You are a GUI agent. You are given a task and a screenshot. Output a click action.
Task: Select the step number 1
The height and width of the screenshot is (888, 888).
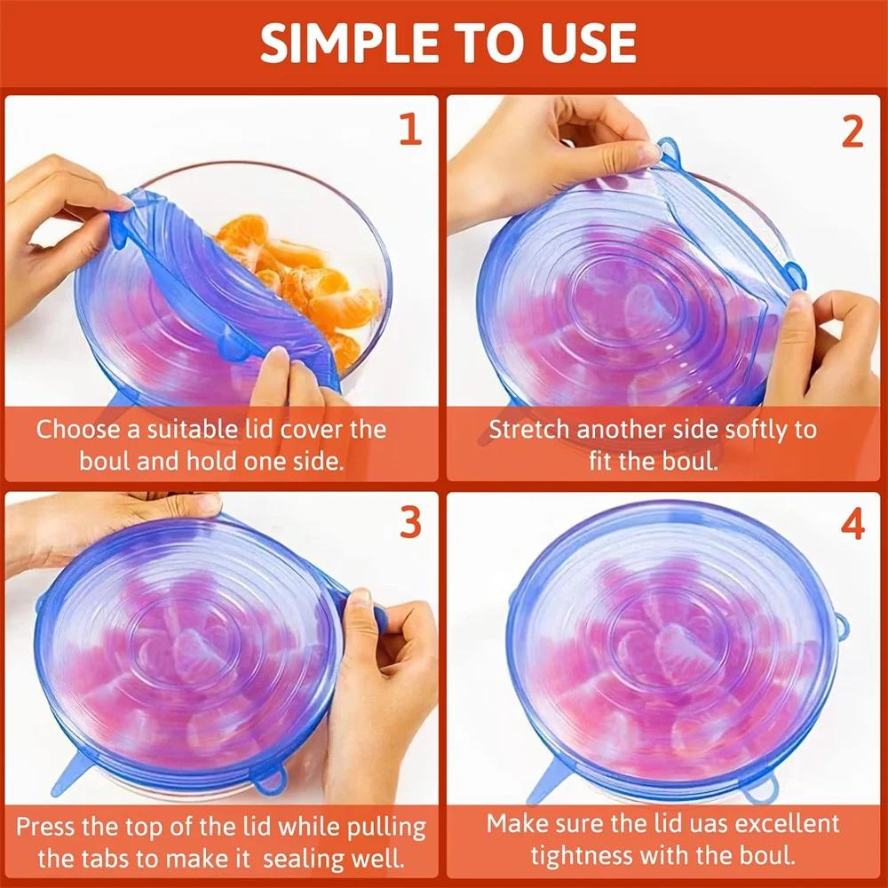click(x=408, y=130)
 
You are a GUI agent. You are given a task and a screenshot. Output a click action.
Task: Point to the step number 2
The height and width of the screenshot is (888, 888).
click(x=852, y=131)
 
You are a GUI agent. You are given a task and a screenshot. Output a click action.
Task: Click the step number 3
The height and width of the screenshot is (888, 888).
click(x=409, y=524)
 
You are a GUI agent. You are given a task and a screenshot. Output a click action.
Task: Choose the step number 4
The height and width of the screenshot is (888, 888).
click(x=852, y=525)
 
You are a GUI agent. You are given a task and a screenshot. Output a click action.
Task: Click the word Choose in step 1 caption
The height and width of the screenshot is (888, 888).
click(x=77, y=430)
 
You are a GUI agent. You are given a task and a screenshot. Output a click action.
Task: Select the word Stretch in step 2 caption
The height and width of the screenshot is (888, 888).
click(x=529, y=430)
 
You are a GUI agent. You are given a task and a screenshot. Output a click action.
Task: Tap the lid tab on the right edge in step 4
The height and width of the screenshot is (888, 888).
click(x=840, y=627)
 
